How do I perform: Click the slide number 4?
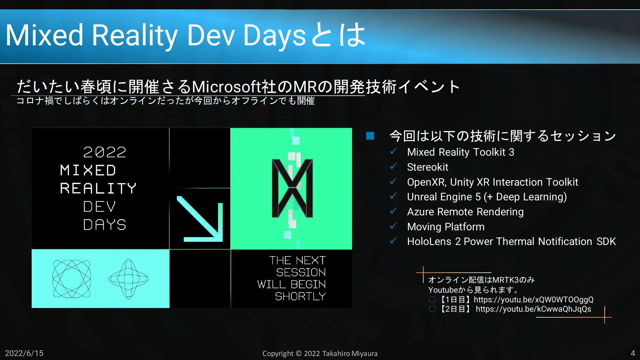[x=633, y=353]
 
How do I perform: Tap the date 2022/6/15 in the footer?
[x=24, y=353]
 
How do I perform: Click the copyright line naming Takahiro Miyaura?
[x=320, y=354]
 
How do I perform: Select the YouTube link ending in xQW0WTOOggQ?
[x=534, y=300]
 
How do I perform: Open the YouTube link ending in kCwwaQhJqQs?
[x=533, y=309]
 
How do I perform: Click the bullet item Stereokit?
[x=428, y=167]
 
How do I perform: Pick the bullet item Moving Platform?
[x=446, y=227]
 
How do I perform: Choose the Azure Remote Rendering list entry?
[x=465, y=212]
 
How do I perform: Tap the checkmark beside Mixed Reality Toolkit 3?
[x=393, y=151]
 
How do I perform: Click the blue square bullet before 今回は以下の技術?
[x=370, y=136]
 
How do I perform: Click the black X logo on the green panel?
[x=292, y=188]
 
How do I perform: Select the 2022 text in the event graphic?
[x=105, y=152]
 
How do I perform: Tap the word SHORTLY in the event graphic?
[x=300, y=296]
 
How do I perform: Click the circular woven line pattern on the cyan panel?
[x=72, y=279]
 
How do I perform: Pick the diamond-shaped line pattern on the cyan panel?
[x=129, y=279]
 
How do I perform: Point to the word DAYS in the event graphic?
[x=105, y=225]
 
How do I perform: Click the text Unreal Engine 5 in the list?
[x=444, y=197]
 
